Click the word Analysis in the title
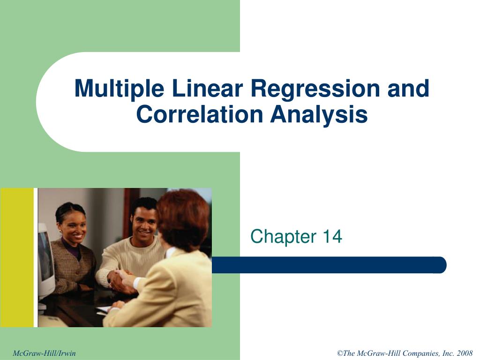coord(319,114)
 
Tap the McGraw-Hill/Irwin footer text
coord(44,353)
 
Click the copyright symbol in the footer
coord(340,353)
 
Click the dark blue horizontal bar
coord(328,265)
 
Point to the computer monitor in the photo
coord(45,262)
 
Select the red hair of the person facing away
coord(184,218)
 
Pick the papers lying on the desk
coord(104,309)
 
